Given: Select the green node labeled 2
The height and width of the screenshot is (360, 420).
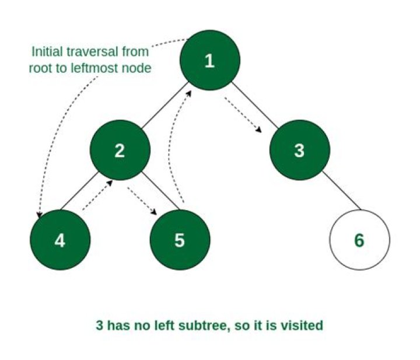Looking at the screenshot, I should click(x=120, y=151).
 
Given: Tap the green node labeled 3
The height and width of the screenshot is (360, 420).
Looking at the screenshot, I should click(x=299, y=151).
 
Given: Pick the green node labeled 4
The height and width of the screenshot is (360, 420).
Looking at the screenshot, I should click(x=60, y=240).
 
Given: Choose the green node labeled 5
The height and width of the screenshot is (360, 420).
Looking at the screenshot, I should click(x=179, y=240).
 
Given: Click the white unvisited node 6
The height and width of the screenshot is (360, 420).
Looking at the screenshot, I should click(x=359, y=240).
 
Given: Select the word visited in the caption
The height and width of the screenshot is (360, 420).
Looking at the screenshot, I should click(x=303, y=325).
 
